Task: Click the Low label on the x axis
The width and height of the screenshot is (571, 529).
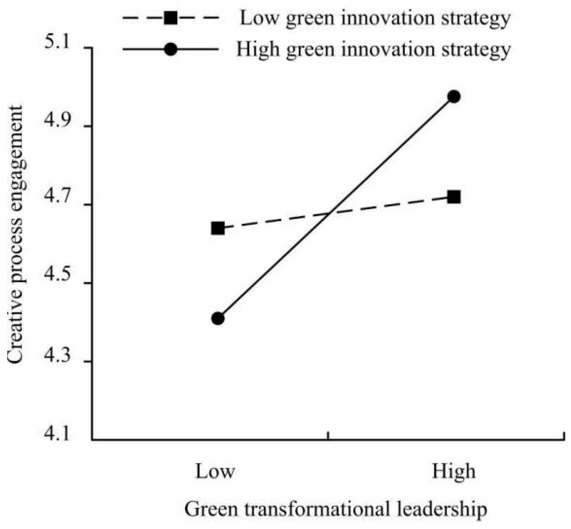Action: pyautogui.click(x=215, y=471)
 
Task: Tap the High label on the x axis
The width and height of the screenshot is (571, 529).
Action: pyautogui.click(x=454, y=471)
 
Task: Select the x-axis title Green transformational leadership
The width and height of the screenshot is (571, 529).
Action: pyautogui.click(x=335, y=509)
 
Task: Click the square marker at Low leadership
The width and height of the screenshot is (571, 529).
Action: pyautogui.click(x=218, y=228)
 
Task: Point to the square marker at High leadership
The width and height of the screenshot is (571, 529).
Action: pyautogui.click(x=454, y=197)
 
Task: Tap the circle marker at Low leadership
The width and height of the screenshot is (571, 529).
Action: pyautogui.click(x=218, y=318)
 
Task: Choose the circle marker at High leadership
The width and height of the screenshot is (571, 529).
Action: pyautogui.click(x=454, y=97)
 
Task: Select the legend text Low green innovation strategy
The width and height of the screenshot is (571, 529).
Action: pyautogui.click(x=375, y=18)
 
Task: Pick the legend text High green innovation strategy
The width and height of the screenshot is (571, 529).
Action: pyautogui.click(x=373, y=49)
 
